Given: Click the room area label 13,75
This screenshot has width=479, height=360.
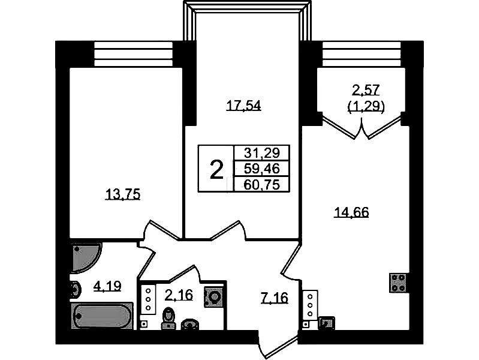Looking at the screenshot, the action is pyautogui.click(x=122, y=194).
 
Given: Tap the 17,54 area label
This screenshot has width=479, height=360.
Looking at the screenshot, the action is pyautogui.click(x=243, y=106).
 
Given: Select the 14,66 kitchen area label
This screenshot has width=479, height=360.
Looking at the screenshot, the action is pyautogui.click(x=352, y=212).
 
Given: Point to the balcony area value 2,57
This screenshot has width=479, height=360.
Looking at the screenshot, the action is pyautogui.click(x=366, y=90).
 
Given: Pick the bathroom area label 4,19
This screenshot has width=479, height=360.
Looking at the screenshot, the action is pyautogui.click(x=107, y=286).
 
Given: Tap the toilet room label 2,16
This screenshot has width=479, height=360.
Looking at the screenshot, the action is pyautogui.click(x=179, y=295).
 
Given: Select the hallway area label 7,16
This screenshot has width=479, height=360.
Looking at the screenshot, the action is pyautogui.click(x=275, y=298).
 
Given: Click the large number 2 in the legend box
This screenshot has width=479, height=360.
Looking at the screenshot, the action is pyautogui.click(x=216, y=170).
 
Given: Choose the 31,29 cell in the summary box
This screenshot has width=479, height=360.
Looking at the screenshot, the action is pyautogui.click(x=262, y=152).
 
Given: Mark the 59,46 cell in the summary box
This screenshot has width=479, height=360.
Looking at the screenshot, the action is pyautogui.click(x=262, y=168).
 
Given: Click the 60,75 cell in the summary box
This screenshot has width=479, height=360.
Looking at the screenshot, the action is pyautogui.click(x=262, y=184).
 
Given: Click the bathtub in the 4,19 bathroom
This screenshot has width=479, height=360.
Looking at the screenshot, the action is pyautogui.click(x=103, y=316).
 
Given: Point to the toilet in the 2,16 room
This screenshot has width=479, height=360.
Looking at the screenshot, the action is pyautogui.click(x=168, y=319).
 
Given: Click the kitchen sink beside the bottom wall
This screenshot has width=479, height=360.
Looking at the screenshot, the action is pyautogui.click(x=326, y=323).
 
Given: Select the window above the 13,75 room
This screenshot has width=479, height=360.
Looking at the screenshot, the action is pyautogui.click(x=134, y=54).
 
